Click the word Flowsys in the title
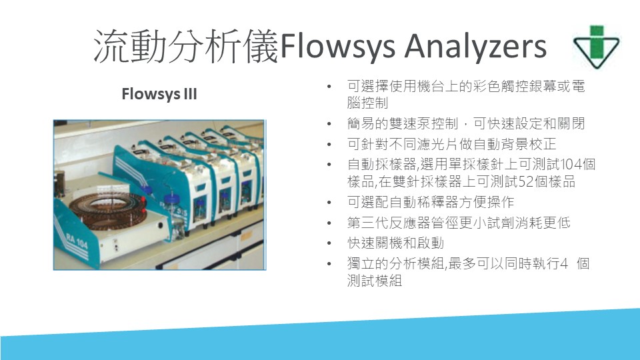point(337,46)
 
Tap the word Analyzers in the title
point(475,46)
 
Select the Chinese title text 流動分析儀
point(186,46)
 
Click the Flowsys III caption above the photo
point(159,94)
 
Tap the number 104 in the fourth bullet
point(571,164)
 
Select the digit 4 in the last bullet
point(564,264)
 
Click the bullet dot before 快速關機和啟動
point(329,244)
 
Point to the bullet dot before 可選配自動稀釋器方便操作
point(329,203)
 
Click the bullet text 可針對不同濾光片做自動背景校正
point(451,144)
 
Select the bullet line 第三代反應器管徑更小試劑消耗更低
point(459,223)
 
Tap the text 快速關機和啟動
point(395,243)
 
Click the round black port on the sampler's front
point(161,225)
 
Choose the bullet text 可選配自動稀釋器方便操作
point(430,202)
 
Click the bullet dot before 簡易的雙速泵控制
point(329,124)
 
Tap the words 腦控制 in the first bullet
point(367,103)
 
